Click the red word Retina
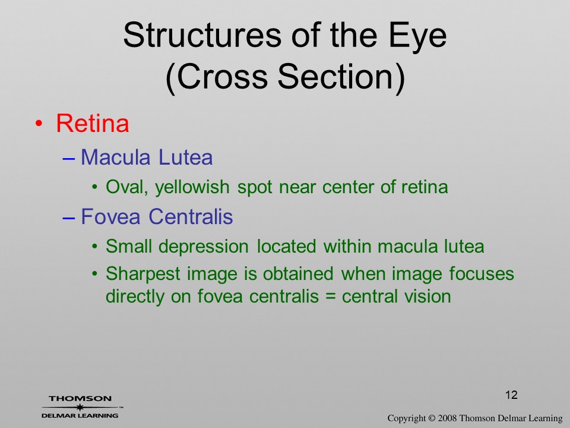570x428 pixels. pyautogui.click(x=93, y=124)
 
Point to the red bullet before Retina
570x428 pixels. pyautogui.click(x=39, y=124)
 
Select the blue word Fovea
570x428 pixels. pyautogui.click(x=110, y=216)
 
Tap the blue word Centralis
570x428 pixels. pyautogui.click(x=191, y=216)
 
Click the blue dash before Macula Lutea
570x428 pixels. pyautogui.click(x=69, y=159)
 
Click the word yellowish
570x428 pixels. pyautogui.click(x=192, y=188)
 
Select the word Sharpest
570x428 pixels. pyautogui.click(x=143, y=275)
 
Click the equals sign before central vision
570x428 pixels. pyautogui.click(x=330, y=297)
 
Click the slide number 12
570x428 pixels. pyautogui.click(x=511, y=395)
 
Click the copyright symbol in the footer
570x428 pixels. pyautogui.click(x=432, y=418)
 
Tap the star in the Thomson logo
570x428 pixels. pyautogui.click(x=80, y=407)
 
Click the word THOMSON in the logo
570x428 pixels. pyautogui.click(x=80, y=398)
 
